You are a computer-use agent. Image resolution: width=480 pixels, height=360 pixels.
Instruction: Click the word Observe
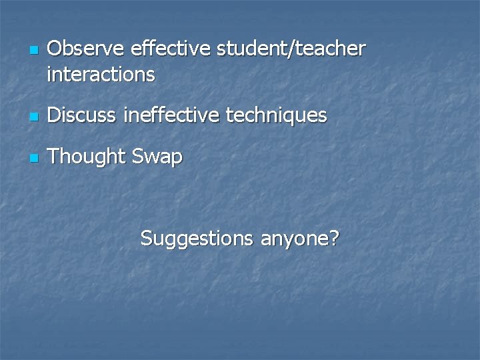(86, 49)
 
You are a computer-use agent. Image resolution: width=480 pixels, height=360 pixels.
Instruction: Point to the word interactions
(101, 74)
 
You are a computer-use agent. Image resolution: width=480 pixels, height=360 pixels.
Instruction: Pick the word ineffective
(171, 115)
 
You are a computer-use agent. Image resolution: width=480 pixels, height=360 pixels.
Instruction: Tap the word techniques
(277, 116)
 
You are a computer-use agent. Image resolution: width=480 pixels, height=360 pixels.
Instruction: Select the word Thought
(87, 157)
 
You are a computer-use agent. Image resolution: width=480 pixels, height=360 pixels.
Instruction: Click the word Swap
(157, 157)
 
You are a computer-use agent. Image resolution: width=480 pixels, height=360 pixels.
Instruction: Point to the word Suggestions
(197, 238)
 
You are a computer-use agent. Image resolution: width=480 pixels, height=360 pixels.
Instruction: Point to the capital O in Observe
(55, 49)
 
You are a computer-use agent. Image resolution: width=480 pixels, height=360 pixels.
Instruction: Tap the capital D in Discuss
(55, 115)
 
